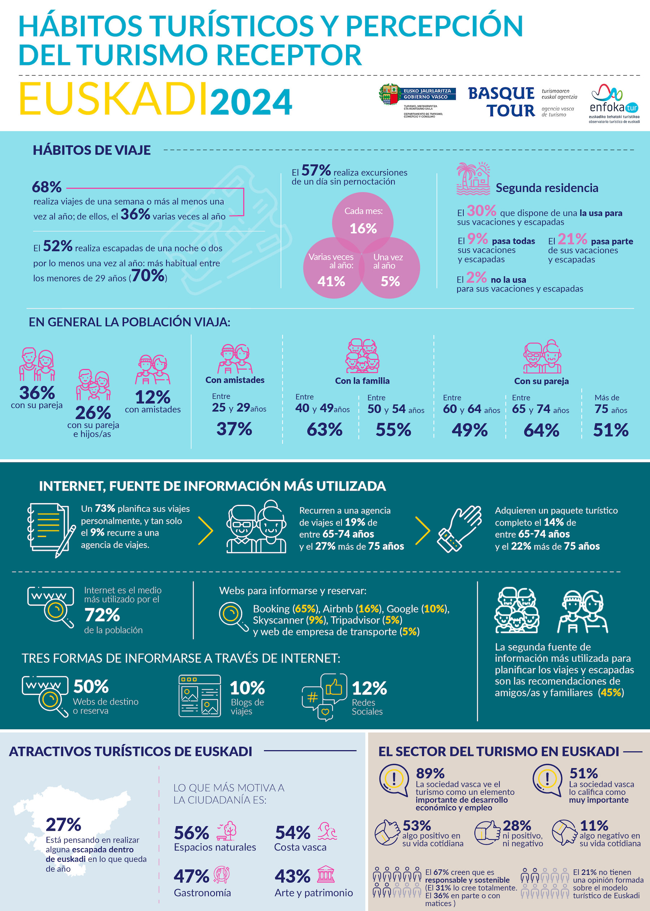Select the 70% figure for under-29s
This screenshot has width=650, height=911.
click(148, 275)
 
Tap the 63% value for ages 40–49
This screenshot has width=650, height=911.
click(324, 429)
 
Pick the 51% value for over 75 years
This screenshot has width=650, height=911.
click(610, 430)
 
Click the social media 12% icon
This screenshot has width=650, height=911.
click(324, 697)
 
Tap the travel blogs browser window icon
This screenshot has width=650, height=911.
click(199, 696)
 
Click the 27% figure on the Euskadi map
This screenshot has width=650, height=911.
click(63, 824)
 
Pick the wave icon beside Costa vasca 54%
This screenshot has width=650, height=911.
click(327, 831)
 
